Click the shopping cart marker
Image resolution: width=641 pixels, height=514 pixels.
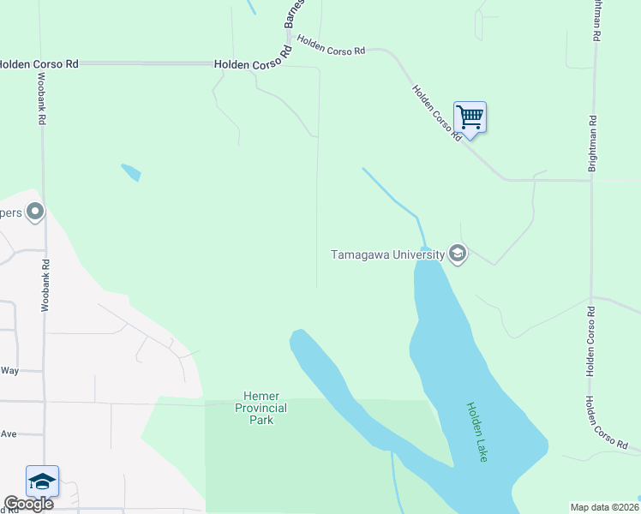(x=470, y=117)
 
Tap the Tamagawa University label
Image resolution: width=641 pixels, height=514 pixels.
(x=387, y=254)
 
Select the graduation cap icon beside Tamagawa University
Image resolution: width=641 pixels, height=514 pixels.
(x=458, y=254)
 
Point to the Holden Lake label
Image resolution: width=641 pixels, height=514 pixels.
(x=476, y=433)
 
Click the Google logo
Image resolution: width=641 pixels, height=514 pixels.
(x=28, y=504)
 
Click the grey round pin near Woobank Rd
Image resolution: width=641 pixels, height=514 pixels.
(x=35, y=211)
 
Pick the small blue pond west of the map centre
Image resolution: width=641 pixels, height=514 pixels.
(x=131, y=172)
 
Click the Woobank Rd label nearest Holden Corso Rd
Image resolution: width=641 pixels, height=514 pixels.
(x=41, y=99)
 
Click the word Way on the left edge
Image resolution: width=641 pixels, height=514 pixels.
(x=9, y=370)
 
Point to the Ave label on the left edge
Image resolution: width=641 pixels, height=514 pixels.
(x=9, y=434)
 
